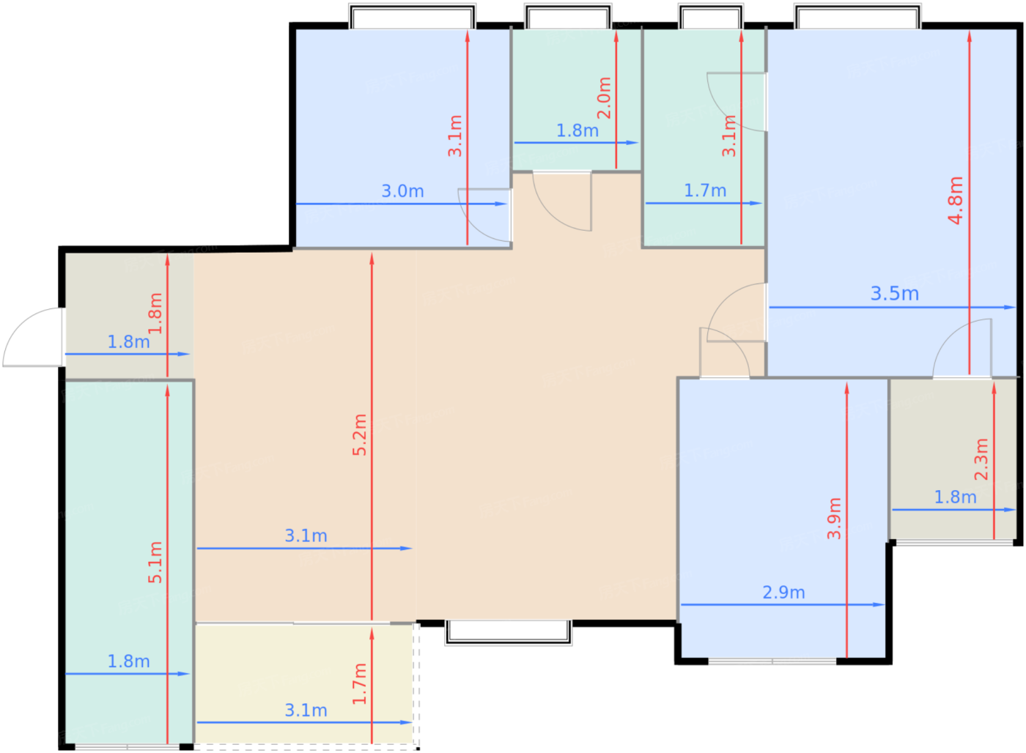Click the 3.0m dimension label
click(x=402, y=191)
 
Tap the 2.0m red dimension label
click(x=604, y=98)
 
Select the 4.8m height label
click(x=956, y=201)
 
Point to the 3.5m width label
click(x=895, y=294)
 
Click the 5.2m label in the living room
click(x=360, y=435)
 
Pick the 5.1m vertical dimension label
click(x=155, y=562)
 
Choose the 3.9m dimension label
click(x=835, y=518)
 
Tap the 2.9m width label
click(x=783, y=593)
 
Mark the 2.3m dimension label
click(x=981, y=459)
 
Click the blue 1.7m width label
click(x=705, y=190)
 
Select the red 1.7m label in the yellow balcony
click(x=360, y=684)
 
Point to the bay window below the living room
click(x=509, y=633)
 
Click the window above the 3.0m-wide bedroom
click(x=412, y=16)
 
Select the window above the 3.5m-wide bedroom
click(x=858, y=16)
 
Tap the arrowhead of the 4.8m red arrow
click(x=969, y=37)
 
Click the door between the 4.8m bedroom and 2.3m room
click(x=962, y=349)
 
